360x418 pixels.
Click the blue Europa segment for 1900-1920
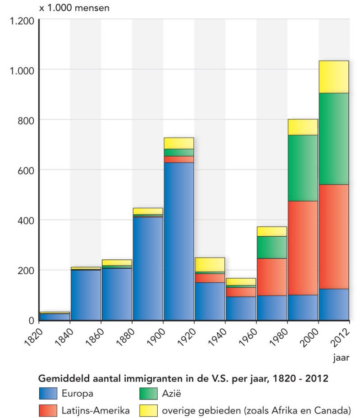pyautogui.click(x=178, y=241)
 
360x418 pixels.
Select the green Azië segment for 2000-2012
pyautogui.click(x=334, y=138)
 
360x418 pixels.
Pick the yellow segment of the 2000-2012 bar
pyautogui.click(x=334, y=77)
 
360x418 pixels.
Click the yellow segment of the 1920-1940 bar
pyautogui.click(x=210, y=265)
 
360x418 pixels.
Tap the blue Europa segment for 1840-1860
pyautogui.click(x=86, y=295)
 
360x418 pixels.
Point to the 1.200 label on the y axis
pyautogui.click(x=22, y=20)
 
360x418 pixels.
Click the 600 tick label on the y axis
pyautogui.click(x=26, y=170)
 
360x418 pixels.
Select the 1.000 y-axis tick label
pyautogui.click(x=22, y=70)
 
